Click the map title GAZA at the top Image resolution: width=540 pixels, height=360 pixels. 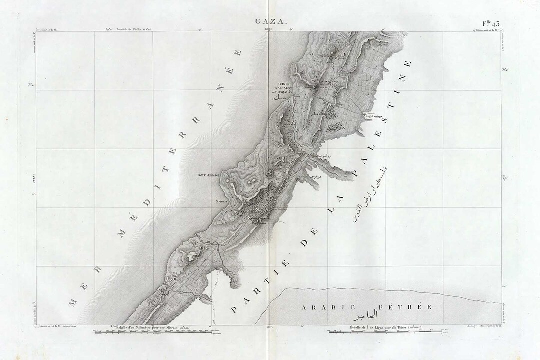click(270, 22)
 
